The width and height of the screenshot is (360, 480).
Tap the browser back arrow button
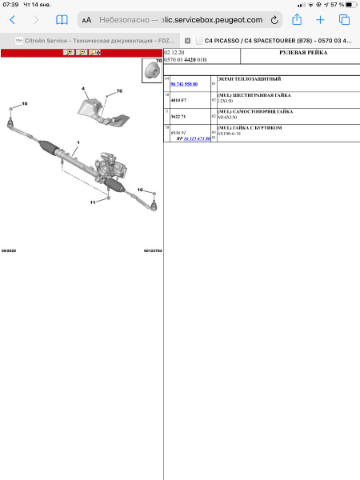(x=12, y=19)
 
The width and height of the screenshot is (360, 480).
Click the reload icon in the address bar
(x=275, y=19)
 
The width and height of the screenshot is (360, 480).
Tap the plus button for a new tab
(x=320, y=19)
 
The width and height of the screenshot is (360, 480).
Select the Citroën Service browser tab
(x=92, y=39)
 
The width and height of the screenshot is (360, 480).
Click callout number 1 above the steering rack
(x=78, y=142)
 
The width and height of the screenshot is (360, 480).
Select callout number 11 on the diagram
(x=93, y=202)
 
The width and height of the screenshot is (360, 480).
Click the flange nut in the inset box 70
(x=150, y=72)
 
